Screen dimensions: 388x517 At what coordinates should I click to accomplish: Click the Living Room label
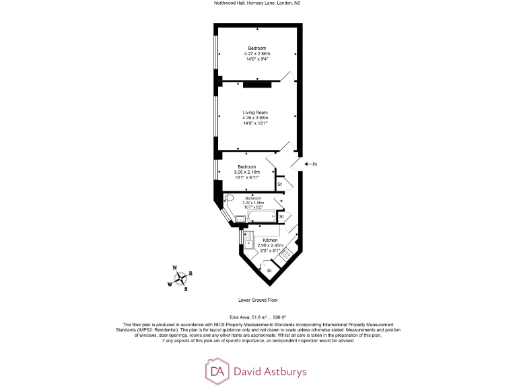click(x=256, y=112)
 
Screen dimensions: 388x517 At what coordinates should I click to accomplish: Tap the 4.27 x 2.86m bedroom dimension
click(x=256, y=53)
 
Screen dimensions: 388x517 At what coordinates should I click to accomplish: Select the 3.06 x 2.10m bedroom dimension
click(x=246, y=172)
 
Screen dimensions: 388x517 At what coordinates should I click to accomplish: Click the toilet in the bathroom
click(x=229, y=199)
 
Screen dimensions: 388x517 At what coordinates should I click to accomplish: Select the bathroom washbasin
click(x=239, y=218)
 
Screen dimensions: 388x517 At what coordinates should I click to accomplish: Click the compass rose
click(x=181, y=279)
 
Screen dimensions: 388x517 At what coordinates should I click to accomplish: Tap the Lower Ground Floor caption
click(x=258, y=300)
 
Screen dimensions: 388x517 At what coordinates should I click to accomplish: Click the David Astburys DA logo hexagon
click(x=217, y=370)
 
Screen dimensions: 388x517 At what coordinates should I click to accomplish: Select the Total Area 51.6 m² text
click(x=258, y=317)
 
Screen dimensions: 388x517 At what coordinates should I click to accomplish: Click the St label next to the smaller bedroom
click(x=279, y=184)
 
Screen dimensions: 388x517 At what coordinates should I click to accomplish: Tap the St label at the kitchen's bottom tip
click(x=269, y=270)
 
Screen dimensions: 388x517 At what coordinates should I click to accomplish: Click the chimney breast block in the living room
click(x=256, y=84)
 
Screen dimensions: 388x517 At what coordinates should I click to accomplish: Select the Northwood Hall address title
click(x=258, y=3)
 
